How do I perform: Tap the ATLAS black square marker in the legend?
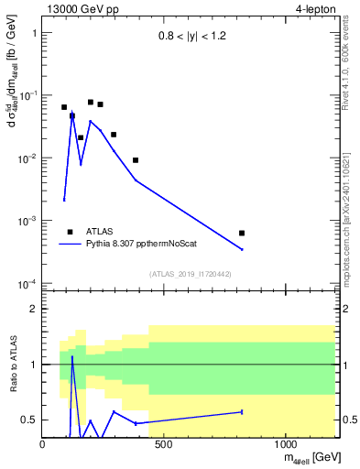[x=70, y=232]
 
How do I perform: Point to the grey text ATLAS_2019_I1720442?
[x=191, y=274]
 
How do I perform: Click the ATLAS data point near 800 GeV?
[x=242, y=234]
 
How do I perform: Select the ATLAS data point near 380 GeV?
[x=136, y=160]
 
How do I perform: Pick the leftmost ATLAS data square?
[x=64, y=107]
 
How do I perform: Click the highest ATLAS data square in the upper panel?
[x=91, y=103]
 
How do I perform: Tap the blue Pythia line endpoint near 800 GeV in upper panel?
[x=242, y=249]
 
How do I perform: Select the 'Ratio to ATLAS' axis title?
[x=15, y=364]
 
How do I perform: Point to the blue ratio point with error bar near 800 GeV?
[x=242, y=412]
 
